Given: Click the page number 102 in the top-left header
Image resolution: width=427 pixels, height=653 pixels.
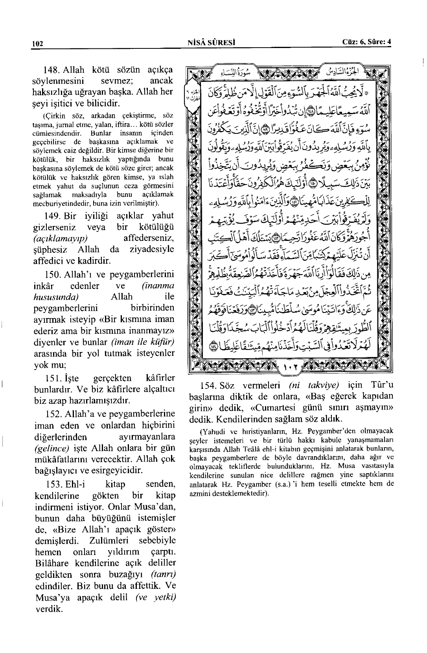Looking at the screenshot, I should coord(37,44).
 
